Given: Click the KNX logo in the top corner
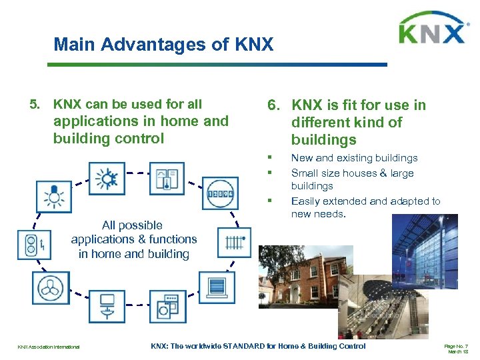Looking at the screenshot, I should coord(431,29).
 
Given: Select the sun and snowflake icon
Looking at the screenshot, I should coord(105,179).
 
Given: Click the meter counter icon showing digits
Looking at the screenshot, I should coord(220,194).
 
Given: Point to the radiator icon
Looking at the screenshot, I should coord(234,241).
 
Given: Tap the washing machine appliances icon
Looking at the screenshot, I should coord(167,307).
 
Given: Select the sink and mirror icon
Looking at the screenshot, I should coord(107,307).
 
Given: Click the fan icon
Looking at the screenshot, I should coord(51,288).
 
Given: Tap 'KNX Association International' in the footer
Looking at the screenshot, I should coord(48,347).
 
